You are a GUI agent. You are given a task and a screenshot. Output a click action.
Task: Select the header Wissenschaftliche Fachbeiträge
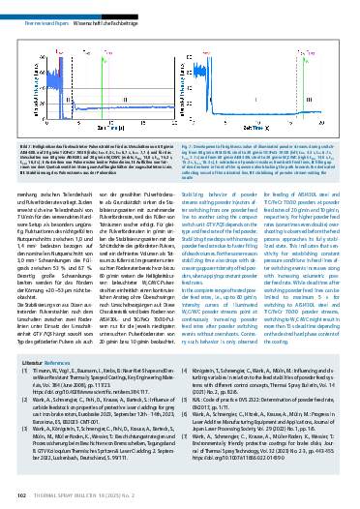click(x=112, y=9)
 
